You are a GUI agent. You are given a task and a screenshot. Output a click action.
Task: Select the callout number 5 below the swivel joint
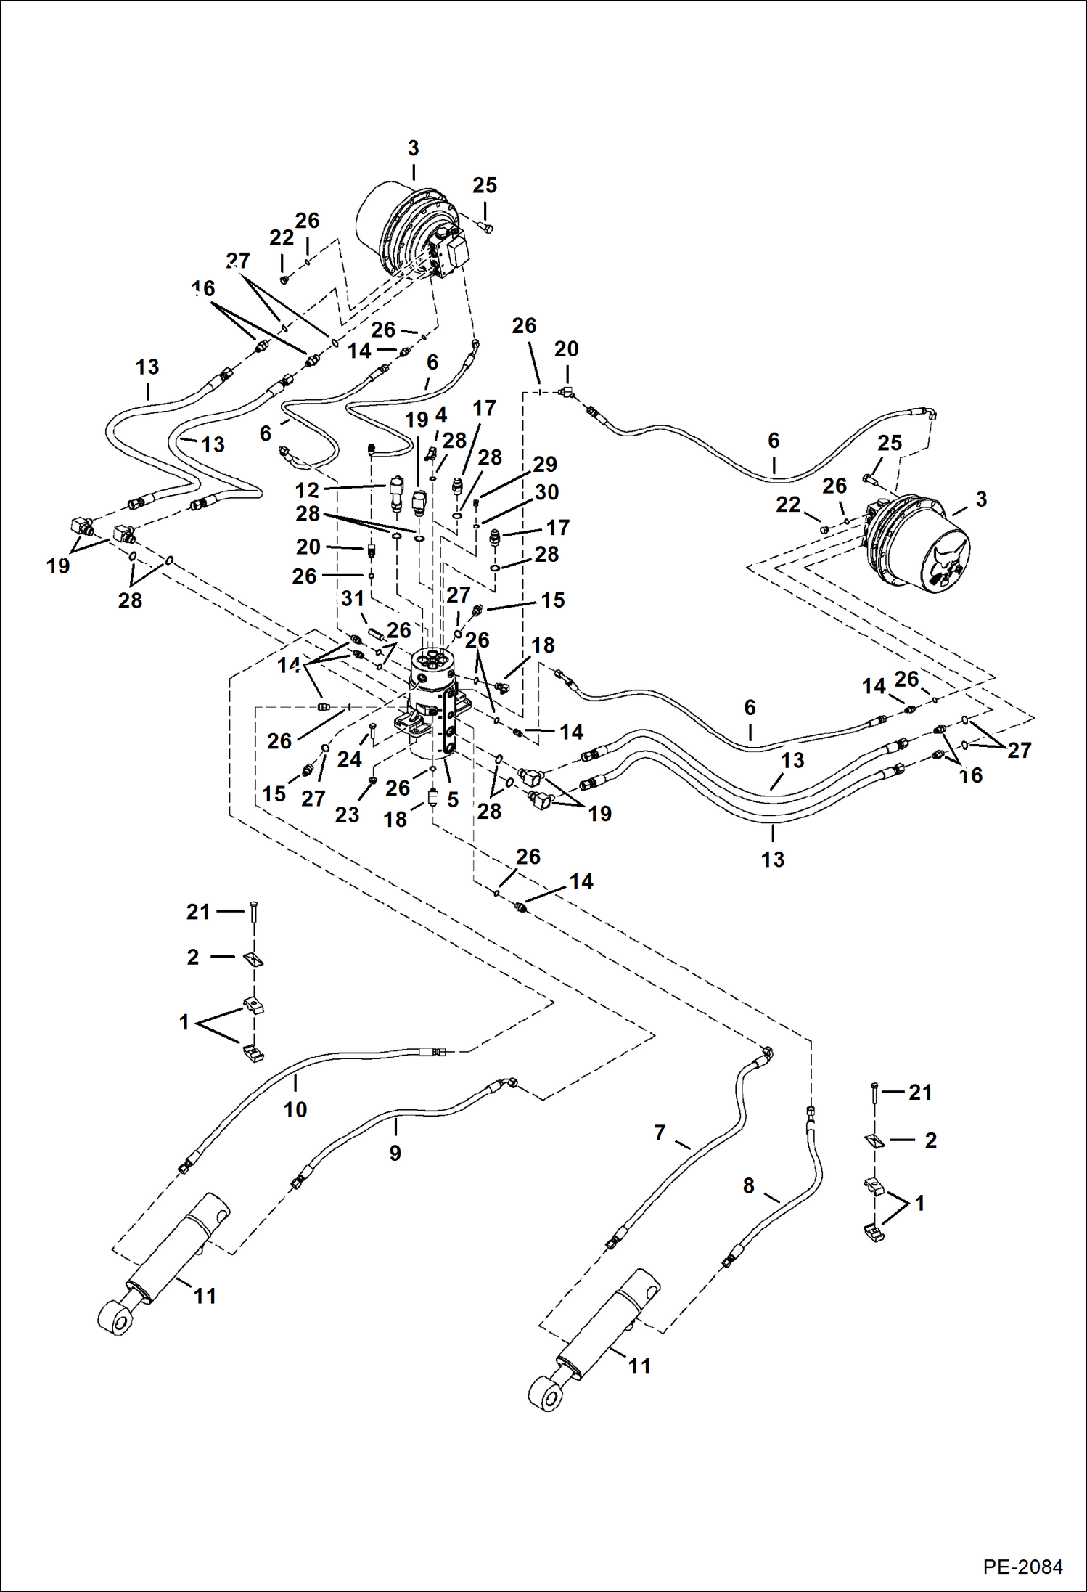453,799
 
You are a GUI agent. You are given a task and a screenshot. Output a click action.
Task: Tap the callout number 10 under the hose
295,1109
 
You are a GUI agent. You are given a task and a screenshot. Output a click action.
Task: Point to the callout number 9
395,1153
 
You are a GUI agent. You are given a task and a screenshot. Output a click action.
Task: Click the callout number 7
659,1132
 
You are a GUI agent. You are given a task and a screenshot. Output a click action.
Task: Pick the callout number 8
748,1185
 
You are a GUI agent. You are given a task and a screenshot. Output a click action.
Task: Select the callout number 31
353,599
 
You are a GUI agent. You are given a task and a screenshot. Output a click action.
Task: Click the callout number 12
307,490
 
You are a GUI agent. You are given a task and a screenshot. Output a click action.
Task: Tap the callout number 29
544,465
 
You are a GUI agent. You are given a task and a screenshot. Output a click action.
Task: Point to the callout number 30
546,492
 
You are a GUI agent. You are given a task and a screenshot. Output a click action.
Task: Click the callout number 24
349,759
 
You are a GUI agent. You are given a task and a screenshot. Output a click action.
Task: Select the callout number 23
347,815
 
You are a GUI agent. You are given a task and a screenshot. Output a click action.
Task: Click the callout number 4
441,415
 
